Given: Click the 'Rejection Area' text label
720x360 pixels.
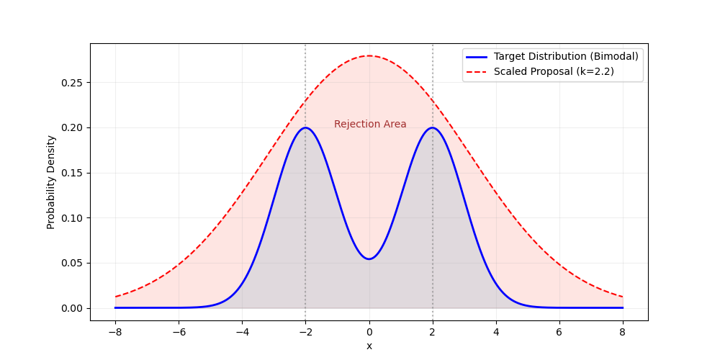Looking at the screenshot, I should (x=370, y=124).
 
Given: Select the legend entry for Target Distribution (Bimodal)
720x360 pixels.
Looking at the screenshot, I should (x=566, y=56).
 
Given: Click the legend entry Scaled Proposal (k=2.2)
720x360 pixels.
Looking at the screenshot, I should (x=554, y=71).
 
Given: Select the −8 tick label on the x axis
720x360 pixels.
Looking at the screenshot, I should (x=115, y=332).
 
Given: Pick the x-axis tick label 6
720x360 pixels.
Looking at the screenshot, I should (x=559, y=332).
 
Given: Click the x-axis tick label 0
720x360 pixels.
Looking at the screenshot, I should (x=369, y=332).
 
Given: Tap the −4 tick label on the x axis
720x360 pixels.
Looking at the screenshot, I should (x=242, y=332).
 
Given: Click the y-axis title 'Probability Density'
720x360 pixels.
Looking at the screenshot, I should (x=51, y=182).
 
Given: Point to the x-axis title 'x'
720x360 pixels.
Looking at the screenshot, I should (x=369, y=346).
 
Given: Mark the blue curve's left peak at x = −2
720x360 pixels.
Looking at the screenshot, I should (x=305, y=128).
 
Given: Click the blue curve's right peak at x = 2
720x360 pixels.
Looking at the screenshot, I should (x=433, y=128).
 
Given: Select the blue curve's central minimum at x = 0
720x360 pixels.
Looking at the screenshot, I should (x=369, y=259).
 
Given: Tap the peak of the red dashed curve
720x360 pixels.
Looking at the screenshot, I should (x=369, y=56).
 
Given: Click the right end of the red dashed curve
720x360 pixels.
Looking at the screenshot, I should (x=623, y=297).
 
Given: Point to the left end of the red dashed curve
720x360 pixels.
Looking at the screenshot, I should (x=115, y=297).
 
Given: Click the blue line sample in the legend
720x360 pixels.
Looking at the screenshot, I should (x=477, y=56).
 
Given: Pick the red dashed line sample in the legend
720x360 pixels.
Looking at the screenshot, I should (x=477, y=71).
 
